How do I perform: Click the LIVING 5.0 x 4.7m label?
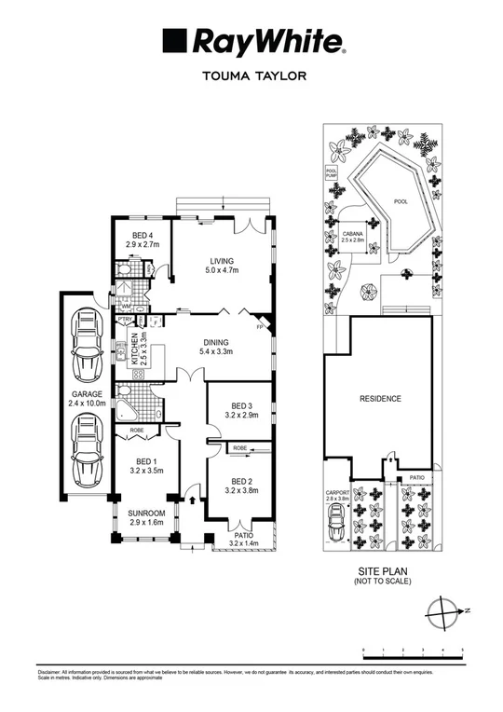(222, 266)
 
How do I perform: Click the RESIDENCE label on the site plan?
(380, 399)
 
